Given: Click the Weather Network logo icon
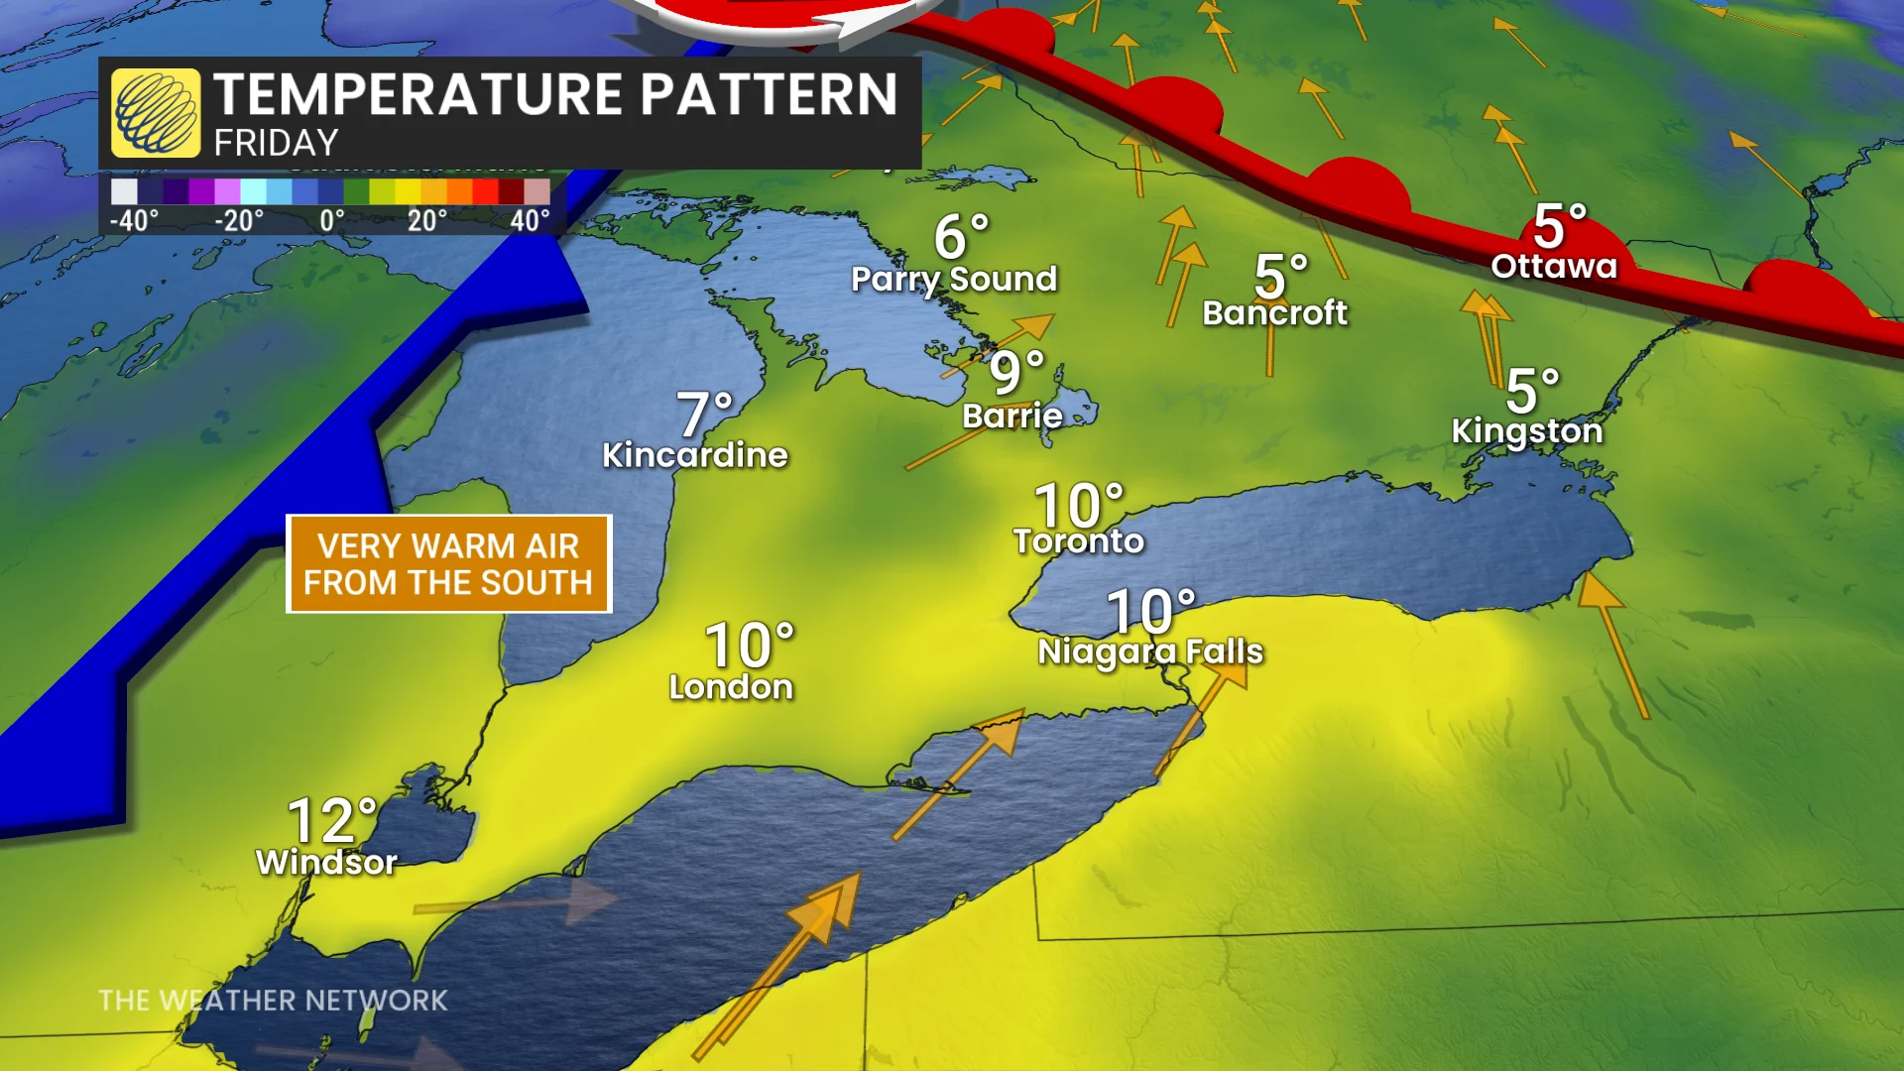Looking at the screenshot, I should pos(156,113).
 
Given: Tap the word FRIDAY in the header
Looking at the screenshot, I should pos(276,144).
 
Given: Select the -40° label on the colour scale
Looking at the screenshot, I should pos(134,220).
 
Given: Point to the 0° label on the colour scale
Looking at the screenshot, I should pos(332,220).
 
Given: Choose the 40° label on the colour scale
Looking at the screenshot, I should pos(530,220).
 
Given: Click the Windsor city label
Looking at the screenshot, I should pos(326,863).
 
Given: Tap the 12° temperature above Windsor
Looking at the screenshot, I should pos(332,820).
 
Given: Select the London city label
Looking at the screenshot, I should pos(731,687).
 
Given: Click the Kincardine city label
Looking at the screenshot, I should pos(695,455).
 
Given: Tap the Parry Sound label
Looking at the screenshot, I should pos(954,280).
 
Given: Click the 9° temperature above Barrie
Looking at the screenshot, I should pos(1016,373).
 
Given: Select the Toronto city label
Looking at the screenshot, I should pos(1079,541).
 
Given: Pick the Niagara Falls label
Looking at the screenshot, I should pos(1150,652).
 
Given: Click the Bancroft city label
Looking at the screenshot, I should pos(1275,313).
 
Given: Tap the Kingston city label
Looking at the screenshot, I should pos(1527,431).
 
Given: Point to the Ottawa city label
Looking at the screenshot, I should pos(1554,266).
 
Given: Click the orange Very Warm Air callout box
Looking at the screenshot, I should pos(448,564).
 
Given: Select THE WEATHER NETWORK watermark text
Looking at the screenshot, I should pos(273,1001).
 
